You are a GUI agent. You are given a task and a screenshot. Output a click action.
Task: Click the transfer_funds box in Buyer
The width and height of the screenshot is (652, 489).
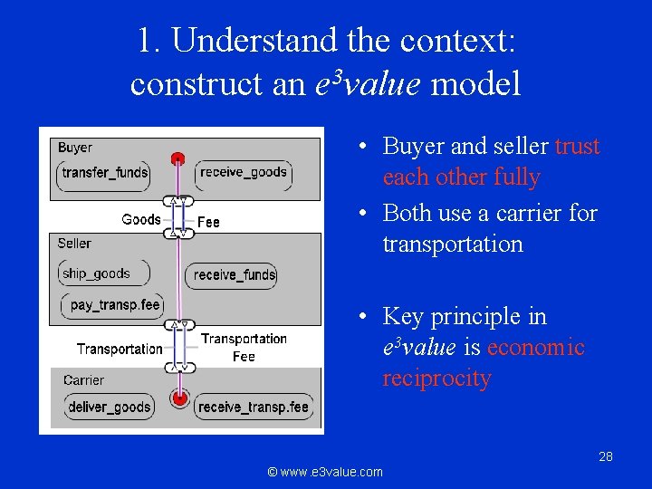[x=105, y=173]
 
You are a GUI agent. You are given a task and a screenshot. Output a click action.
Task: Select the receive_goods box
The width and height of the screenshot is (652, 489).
[x=243, y=172]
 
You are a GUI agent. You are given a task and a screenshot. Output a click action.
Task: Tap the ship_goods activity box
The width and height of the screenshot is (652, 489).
[x=96, y=273]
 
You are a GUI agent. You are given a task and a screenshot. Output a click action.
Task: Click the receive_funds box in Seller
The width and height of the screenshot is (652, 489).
[x=235, y=274]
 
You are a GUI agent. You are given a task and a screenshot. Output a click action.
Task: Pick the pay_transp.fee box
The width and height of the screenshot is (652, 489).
[x=114, y=305]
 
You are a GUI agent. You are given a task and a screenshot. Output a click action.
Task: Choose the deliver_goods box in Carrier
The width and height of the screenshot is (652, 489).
[x=109, y=407]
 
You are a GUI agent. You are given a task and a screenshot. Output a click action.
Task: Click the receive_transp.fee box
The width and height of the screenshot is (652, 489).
[x=254, y=407]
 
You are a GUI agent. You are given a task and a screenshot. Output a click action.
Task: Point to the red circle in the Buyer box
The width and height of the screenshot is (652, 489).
[x=178, y=158]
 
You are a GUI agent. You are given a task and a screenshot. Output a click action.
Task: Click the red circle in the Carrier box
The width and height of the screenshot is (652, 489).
[x=180, y=398]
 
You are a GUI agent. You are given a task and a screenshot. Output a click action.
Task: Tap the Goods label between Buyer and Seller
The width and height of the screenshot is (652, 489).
[x=141, y=219]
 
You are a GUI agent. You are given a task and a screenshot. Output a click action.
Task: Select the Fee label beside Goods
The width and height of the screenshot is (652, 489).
[x=208, y=221]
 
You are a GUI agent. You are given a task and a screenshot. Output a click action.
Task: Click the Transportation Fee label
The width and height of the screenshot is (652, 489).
[x=244, y=348]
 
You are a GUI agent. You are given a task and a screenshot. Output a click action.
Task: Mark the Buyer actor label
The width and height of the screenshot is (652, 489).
[x=75, y=148]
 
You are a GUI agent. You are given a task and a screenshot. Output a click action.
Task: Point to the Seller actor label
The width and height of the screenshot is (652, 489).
[x=74, y=244]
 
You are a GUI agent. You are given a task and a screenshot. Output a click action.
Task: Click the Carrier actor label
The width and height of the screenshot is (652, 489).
[x=83, y=380]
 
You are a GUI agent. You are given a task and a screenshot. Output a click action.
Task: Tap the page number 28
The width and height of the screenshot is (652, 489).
[x=606, y=456]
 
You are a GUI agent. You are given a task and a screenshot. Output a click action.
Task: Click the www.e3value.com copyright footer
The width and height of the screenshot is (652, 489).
[x=325, y=472]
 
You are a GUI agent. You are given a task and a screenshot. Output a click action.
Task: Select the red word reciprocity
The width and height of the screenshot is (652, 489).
[x=436, y=379]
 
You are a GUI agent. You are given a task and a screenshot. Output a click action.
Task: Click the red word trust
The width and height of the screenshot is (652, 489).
[x=577, y=147]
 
